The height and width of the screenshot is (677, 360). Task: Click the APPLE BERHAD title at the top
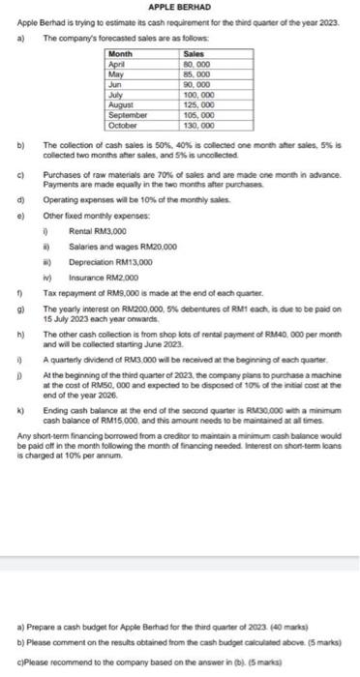click(179, 7)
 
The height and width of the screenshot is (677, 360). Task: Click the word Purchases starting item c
click(64, 175)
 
